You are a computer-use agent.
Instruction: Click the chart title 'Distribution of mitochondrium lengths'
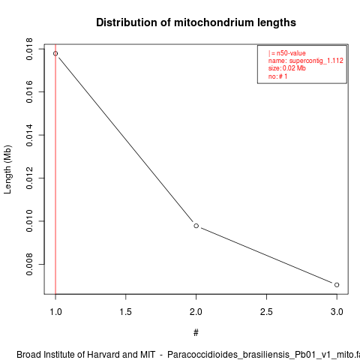(196, 22)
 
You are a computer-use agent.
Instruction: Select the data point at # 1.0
(55, 53)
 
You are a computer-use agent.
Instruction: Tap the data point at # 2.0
(196, 226)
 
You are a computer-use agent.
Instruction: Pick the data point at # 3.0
(337, 285)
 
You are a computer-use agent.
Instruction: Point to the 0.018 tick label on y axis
(29, 49)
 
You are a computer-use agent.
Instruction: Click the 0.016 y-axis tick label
(29, 91)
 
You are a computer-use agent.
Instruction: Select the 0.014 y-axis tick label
(29, 135)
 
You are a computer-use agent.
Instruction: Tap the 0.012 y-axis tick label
(29, 178)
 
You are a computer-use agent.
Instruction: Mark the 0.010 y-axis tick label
(29, 221)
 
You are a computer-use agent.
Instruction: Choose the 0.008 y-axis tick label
(29, 264)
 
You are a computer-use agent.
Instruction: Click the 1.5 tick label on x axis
(126, 312)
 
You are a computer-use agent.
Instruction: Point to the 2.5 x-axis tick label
(266, 312)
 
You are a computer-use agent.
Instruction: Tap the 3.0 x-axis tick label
(337, 312)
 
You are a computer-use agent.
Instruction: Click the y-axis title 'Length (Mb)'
(7, 169)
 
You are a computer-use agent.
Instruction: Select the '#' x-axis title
(196, 333)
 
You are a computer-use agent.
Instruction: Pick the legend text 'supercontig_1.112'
(316, 61)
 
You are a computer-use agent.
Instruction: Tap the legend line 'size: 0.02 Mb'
(287, 68)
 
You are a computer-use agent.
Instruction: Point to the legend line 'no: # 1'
(277, 76)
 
